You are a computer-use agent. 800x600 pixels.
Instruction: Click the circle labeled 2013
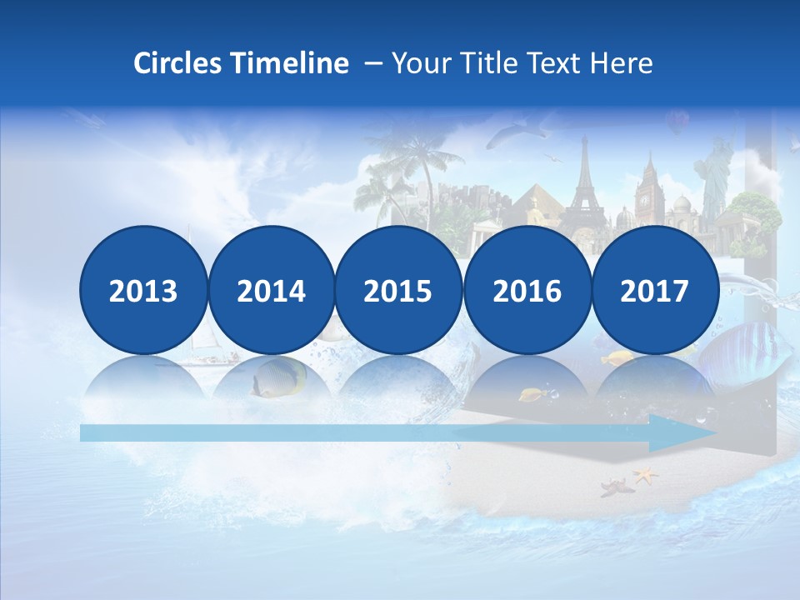tap(143, 290)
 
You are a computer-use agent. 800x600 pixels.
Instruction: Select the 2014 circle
tap(271, 290)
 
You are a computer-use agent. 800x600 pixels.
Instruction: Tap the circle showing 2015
tap(398, 290)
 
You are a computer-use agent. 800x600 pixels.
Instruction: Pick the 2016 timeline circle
tap(527, 290)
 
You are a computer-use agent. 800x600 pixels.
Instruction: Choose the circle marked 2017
tap(654, 290)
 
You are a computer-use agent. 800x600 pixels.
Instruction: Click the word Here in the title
tap(622, 63)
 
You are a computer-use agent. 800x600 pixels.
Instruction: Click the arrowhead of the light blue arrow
tap(687, 433)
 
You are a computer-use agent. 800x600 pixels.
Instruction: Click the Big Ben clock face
tap(644, 201)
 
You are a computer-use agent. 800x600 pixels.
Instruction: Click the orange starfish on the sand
tap(644, 476)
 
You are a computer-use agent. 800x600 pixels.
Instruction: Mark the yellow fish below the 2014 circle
tap(277, 380)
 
